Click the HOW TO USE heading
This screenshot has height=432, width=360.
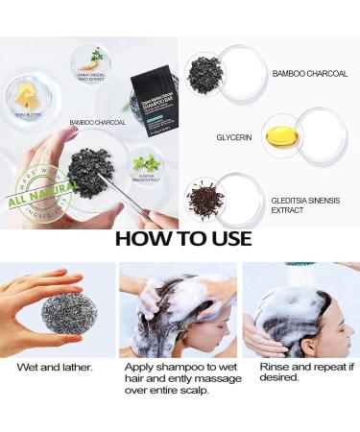tap(182, 238)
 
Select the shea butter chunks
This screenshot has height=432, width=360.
tap(26, 94)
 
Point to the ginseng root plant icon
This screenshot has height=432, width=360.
tap(97, 56)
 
